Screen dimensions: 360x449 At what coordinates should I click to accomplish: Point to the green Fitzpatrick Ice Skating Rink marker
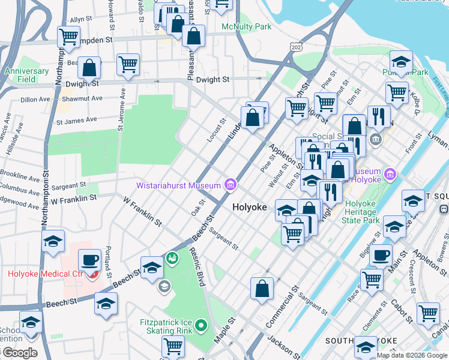pyautogui.click(x=200, y=327)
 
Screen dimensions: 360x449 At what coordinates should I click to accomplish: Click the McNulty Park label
pyautogui.click(x=246, y=27)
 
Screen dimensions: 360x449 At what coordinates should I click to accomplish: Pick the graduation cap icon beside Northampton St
pyautogui.click(x=53, y=242)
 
